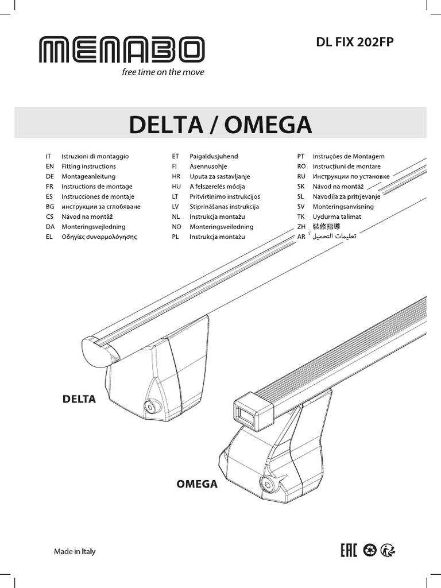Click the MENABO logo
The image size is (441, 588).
[121, 50]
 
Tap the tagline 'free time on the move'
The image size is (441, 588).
[163, 72]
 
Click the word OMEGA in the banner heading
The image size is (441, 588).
[268, 124]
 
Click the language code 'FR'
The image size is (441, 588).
[49, 187]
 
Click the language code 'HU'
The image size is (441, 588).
[176, 187]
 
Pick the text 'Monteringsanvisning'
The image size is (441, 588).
[343, 207]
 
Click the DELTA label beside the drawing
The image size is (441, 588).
[78, 398]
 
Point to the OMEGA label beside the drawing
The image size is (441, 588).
[196, 484]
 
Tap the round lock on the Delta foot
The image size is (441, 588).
[152, 407]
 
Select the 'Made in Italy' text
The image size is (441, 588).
[75, 552]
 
